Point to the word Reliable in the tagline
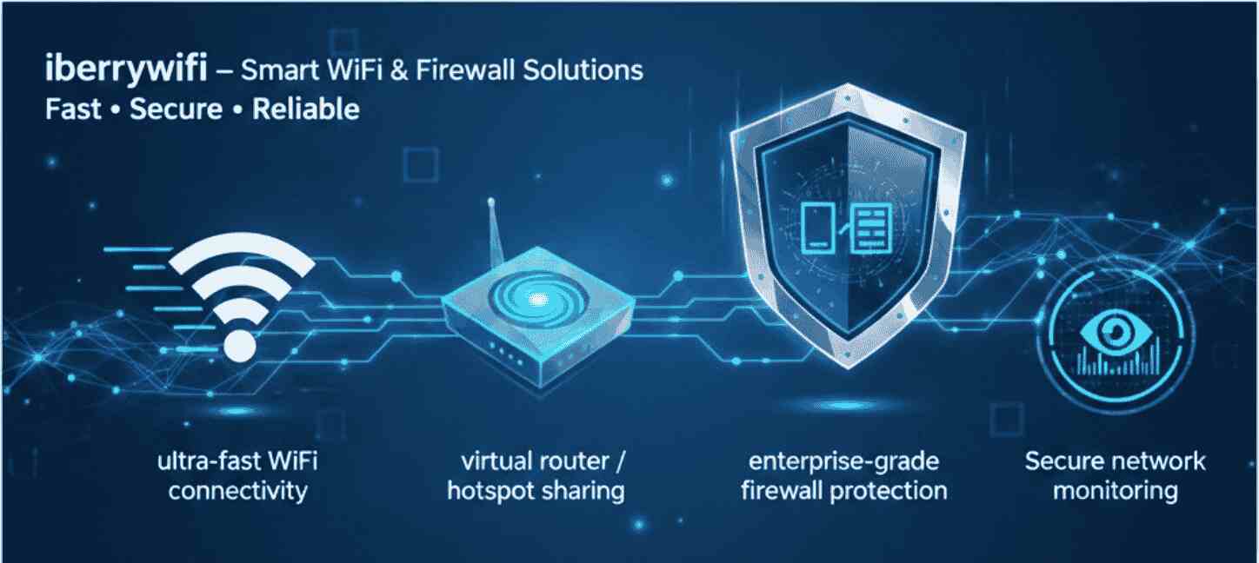305,109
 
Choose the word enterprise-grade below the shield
843,460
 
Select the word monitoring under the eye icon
1116,491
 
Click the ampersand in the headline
398,70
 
